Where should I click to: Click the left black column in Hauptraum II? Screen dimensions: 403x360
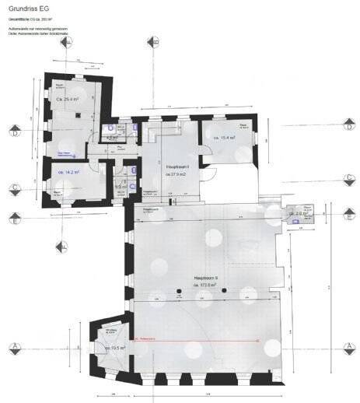coord(179,291)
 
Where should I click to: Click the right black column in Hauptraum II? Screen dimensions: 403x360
coord(224,291)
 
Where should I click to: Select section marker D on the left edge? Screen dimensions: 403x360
coord(13,131)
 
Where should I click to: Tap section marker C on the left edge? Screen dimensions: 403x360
coord(13,187)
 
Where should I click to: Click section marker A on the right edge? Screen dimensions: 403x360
coord(350,347)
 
